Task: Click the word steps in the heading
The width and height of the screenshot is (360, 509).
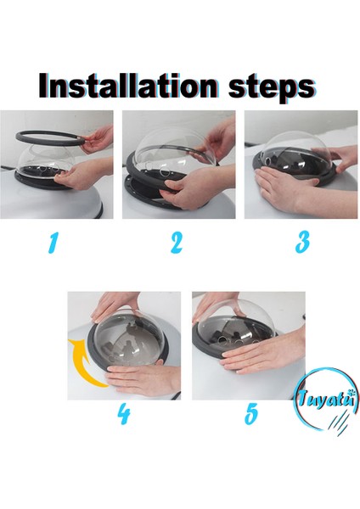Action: [272, 87]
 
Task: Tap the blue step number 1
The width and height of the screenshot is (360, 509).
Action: [53, 243]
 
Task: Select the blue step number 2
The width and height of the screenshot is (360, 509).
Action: [177, 243]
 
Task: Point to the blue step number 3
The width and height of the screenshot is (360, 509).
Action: [302, 242]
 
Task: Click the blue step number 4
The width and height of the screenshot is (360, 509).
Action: [124, 414]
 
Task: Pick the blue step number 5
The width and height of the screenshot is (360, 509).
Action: [251, 414]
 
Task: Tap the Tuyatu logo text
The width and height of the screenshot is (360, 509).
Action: [325, 399]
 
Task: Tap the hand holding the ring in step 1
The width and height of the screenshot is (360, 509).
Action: [98, 139]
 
